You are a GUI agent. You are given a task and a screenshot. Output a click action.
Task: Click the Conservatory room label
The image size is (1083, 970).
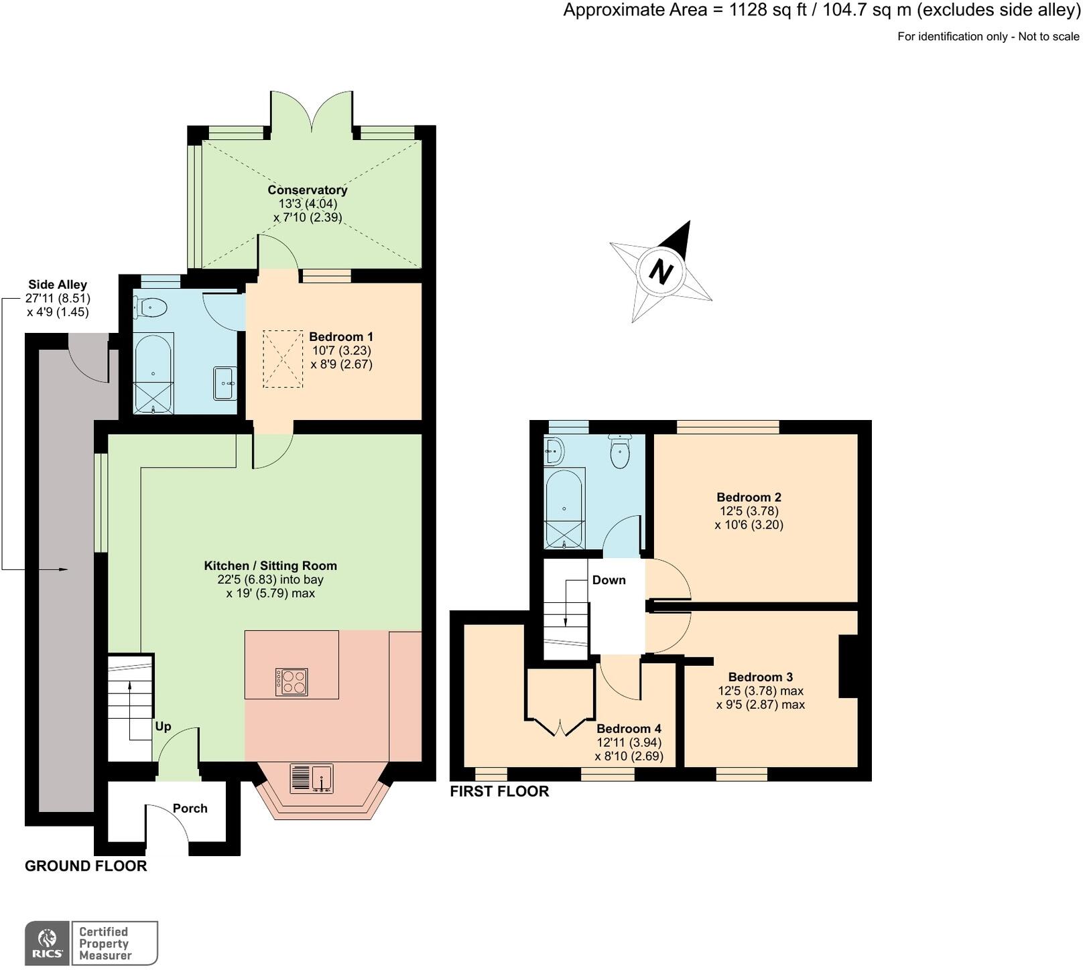[307, 190]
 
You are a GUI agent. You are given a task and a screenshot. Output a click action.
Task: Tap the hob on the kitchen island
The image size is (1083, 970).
[292, 682]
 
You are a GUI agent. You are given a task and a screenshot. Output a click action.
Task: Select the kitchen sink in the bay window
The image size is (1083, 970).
[312, 778]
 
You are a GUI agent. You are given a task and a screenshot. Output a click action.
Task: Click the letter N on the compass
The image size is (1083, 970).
[661, 272]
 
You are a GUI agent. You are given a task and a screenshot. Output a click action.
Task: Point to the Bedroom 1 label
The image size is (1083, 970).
[340, 337]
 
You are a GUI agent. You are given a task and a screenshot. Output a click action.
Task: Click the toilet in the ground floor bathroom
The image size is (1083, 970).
[151, 308]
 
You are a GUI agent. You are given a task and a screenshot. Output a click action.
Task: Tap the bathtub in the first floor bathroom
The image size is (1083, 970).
[564, 507]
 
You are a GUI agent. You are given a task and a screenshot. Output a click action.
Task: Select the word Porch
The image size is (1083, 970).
[190, 809]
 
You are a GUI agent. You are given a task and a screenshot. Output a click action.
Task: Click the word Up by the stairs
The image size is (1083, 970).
[163, 727]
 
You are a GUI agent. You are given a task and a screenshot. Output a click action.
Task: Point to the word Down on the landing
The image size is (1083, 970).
[609, 580]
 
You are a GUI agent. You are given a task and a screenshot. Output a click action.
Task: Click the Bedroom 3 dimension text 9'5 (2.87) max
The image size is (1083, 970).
[760, 705]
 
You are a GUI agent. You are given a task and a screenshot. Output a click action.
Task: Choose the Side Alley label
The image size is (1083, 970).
[58, 285]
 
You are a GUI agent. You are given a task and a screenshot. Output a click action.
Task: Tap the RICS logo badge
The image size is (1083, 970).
[48, 943]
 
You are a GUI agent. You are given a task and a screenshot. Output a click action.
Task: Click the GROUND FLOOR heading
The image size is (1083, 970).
[86, 866]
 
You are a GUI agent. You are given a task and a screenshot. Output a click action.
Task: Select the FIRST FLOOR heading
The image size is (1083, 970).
[499, 792]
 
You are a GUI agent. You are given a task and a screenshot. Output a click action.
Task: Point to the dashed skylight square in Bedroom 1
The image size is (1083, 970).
[282, 358]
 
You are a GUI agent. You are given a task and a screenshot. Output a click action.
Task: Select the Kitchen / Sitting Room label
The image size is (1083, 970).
[270, 566]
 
